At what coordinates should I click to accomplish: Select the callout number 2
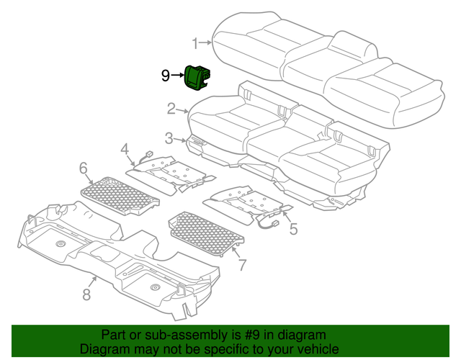tap(171, 109)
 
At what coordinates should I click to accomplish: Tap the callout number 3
tap(169, 138)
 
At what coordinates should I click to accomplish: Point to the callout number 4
tap(125, 149)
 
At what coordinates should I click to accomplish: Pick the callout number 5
tap(293, 230)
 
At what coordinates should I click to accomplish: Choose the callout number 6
tap(84, 168)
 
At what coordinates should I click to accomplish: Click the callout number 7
tap(242, 264)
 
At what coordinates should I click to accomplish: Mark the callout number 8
tap(86, 293)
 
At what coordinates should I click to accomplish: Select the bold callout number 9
tap(165, 75)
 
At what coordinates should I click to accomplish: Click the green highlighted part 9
tap(197, 78)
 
